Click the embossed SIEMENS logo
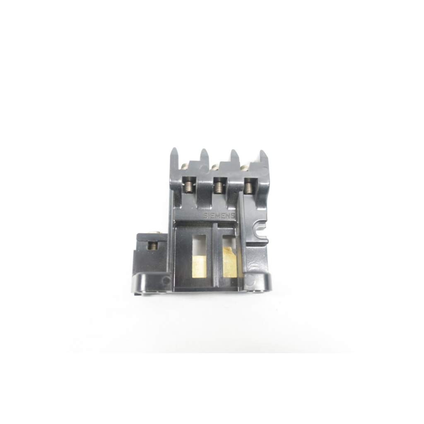pos(219,216)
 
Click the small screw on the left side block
pos(152,246)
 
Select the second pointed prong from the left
pos(204,154)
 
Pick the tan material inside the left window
pos(200,265)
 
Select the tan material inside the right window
pos(229,261)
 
